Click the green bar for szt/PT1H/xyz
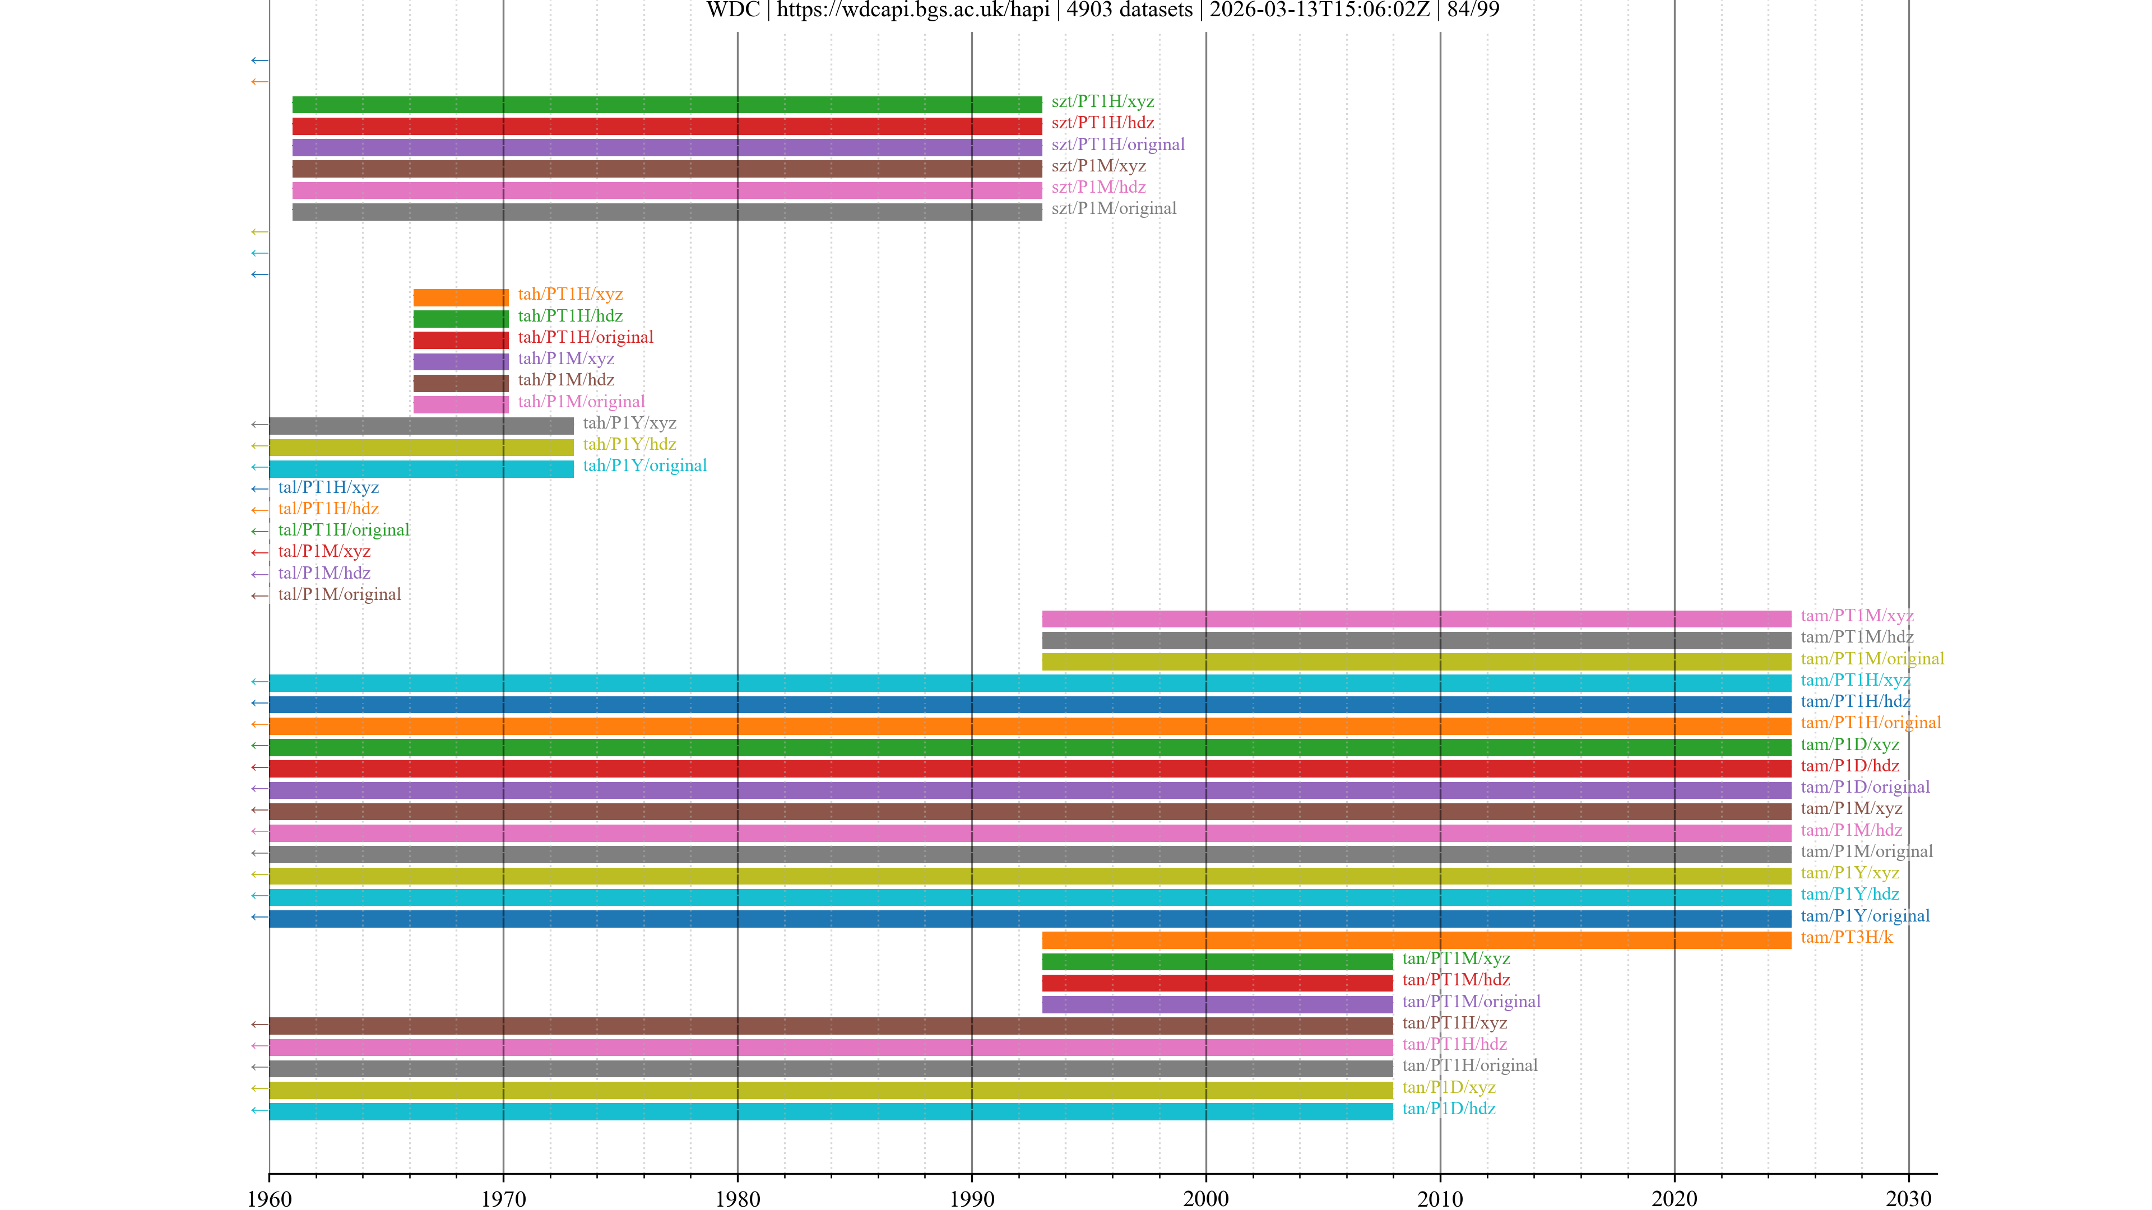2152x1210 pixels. tap(667, 104)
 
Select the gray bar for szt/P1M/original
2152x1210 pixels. tap(667, 212)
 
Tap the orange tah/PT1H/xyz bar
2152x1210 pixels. tap(460, 297)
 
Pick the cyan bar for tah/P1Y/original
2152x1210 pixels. tap(421, 468)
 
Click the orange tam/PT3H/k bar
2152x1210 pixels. tap(1416, 941)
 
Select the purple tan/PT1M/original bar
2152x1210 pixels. tap(1217, 1004)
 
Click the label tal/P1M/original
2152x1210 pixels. tap(339, 594)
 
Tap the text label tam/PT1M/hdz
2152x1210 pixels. tap(1856, 637)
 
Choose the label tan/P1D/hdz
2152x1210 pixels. tap(1449, 1109)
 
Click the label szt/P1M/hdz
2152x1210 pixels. tap(1098, 187)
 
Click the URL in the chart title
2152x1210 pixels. tap(913, 10)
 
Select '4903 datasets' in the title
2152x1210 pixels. tap(1129, 10)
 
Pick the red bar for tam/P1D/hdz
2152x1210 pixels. tap(1030, 768)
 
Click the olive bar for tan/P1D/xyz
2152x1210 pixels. tap(831, 1090)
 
